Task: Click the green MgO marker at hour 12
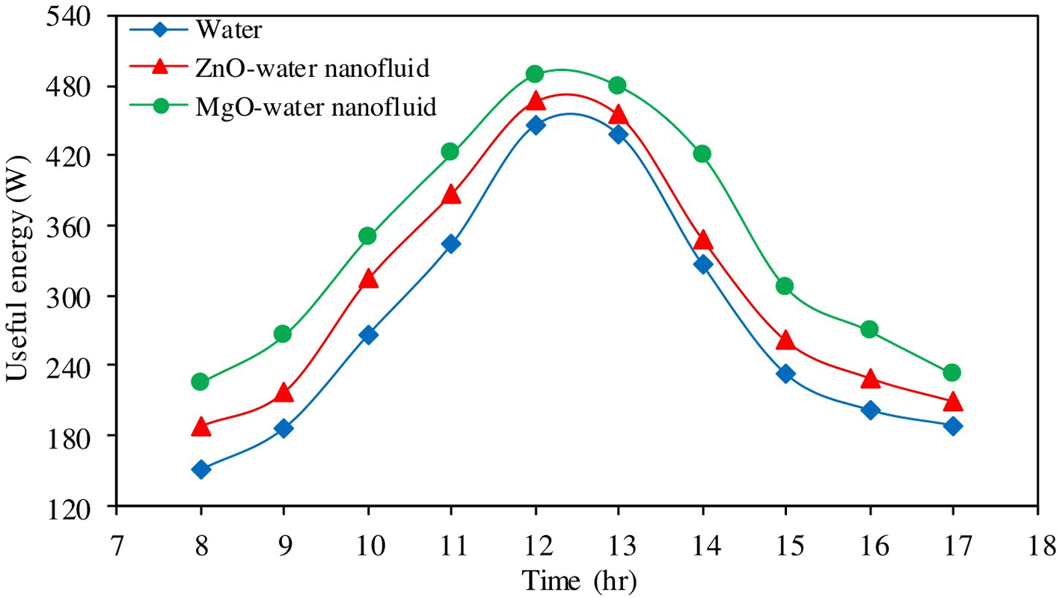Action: (x=534, y=74)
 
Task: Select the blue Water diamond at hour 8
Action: (x=200, y=469)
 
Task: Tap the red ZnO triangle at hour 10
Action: (x=367, y=280)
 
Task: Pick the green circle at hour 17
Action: (x=952, y=372)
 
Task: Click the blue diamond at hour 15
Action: (x=785, y=374)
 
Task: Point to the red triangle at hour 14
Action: (x=702, y=241)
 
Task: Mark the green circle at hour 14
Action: (x=702, y=154)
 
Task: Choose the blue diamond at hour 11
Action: (x=450, y=244)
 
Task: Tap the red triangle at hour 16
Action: (x=869, y=379)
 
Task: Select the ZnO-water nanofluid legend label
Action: (x=312, y=69)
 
